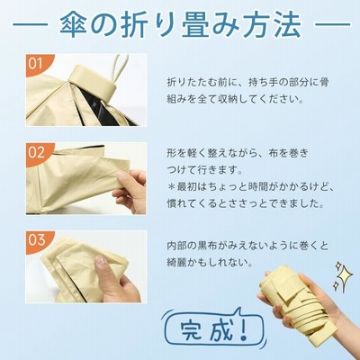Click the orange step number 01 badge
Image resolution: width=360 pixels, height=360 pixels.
[x=37, y=64]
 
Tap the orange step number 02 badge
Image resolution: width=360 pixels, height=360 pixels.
[x=37, y=152]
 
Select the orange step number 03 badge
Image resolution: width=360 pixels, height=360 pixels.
[x=37, y=240]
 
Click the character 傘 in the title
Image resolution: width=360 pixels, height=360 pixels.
[x=74, y=24]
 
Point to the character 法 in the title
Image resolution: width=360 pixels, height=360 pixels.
[x=286, y=24]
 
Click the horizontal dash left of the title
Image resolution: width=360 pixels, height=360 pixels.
[x=31, y=25]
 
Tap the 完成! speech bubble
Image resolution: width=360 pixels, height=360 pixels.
[x=212, y=328]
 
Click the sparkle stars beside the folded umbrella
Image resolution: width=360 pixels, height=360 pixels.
[x=341, y=276]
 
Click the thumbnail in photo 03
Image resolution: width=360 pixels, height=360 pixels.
[x=100, y=260]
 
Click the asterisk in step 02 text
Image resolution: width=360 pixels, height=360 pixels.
[x=171, y=187]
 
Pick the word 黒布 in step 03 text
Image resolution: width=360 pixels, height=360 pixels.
[x=203, y=246]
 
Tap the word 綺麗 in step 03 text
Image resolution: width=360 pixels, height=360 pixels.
[x=175, y=263]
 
